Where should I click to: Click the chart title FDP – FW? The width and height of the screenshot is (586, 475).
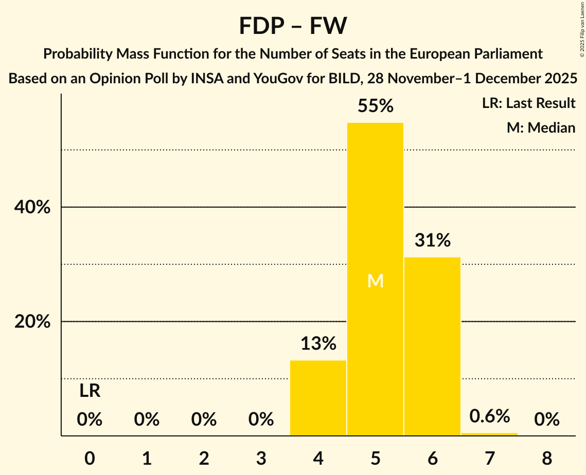point(293,26)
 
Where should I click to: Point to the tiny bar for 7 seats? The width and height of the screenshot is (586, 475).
point(489,434)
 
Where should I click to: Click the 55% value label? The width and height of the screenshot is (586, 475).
point(375,106)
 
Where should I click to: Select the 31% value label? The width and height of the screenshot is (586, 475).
point(432,240)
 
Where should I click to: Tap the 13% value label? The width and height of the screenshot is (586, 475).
point(318,343)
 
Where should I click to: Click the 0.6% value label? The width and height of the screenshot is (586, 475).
point(489,416)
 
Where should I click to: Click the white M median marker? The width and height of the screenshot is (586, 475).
point(376,281)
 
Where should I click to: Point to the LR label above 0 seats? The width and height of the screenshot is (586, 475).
point(90,391)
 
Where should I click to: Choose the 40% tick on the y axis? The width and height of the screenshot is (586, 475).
point(32,208)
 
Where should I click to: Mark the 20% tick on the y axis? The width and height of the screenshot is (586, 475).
point(32,322)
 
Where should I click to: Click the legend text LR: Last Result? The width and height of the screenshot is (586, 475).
point(528,103)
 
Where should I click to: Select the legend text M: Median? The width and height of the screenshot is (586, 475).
point(541,127)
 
